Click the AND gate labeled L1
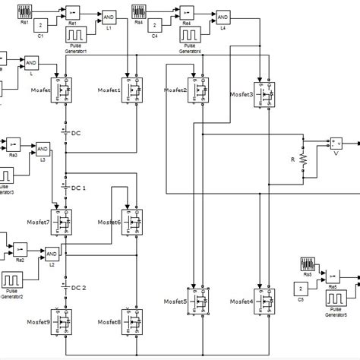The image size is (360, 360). [109, 17]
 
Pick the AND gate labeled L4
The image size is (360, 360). [223, 17]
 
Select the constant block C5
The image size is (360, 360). [303, 289]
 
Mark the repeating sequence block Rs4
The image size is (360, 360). [140, 11]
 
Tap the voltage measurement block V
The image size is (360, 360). [336, 144]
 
